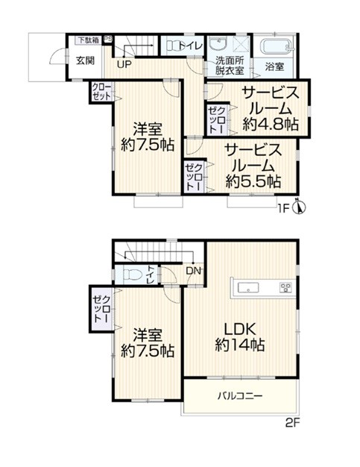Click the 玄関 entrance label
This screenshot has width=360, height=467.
tap(86, 60)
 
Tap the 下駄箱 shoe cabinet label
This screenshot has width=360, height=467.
tap(89, 40)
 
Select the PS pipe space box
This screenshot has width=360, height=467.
tap(108, 40)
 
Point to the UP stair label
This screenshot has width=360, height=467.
tap(124, 64)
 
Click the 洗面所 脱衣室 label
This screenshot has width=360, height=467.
tap(230, 66)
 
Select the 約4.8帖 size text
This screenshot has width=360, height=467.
tap(270, 124)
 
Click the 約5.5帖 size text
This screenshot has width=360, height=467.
tap(253, 181)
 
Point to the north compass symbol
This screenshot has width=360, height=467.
tap(300, 207)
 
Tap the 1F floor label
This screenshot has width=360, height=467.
tap(283, 209)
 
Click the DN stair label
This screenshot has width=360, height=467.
tap(193, 271)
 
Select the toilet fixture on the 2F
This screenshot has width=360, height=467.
tap(132, 275)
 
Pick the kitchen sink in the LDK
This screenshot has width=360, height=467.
tap(248, 288)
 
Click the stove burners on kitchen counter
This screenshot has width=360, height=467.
tap(285, 288)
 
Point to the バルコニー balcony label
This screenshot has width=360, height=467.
tap(240, 396)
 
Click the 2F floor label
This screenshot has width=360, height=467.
tap(292, 423)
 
